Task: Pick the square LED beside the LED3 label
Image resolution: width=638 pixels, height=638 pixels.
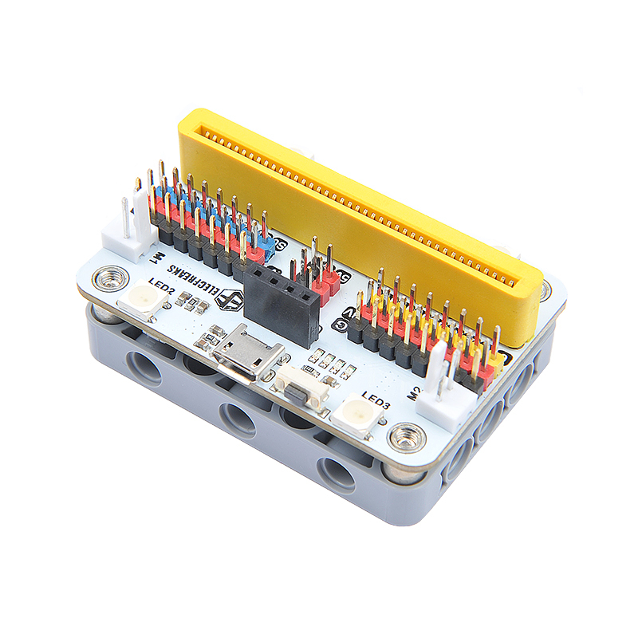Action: pos(354,415)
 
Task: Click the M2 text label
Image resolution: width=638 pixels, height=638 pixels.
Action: pos(415,390)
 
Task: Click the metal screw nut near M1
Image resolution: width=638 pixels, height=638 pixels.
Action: pos(108,278)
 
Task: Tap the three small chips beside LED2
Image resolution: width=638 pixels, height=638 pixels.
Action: pos(188,301)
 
